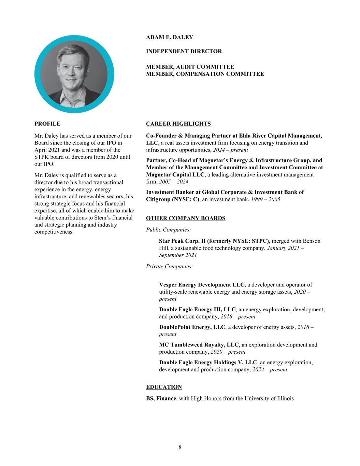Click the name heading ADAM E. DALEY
click(169, 37)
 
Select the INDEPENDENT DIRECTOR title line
click(184, 52)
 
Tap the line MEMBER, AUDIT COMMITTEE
click(190, 67)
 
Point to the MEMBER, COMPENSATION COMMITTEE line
click(205, 74)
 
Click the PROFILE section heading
click(47, 124)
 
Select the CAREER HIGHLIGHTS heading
click(178, 124)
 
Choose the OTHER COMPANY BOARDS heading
click(186, 218)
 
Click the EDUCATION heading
click(164, 387)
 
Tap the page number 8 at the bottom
click(180, 447)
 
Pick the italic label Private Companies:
click(169, 266)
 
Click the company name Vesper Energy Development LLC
click(202, 285)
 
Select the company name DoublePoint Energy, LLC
click(192, 327)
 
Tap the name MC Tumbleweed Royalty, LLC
click(199, 345)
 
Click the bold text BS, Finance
click(161, 398)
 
